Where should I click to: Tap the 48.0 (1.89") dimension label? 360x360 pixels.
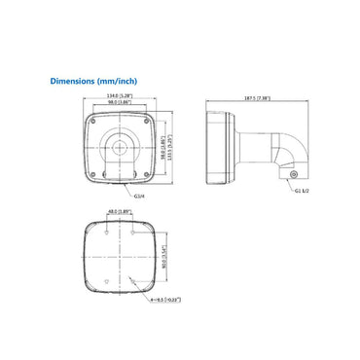119,211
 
